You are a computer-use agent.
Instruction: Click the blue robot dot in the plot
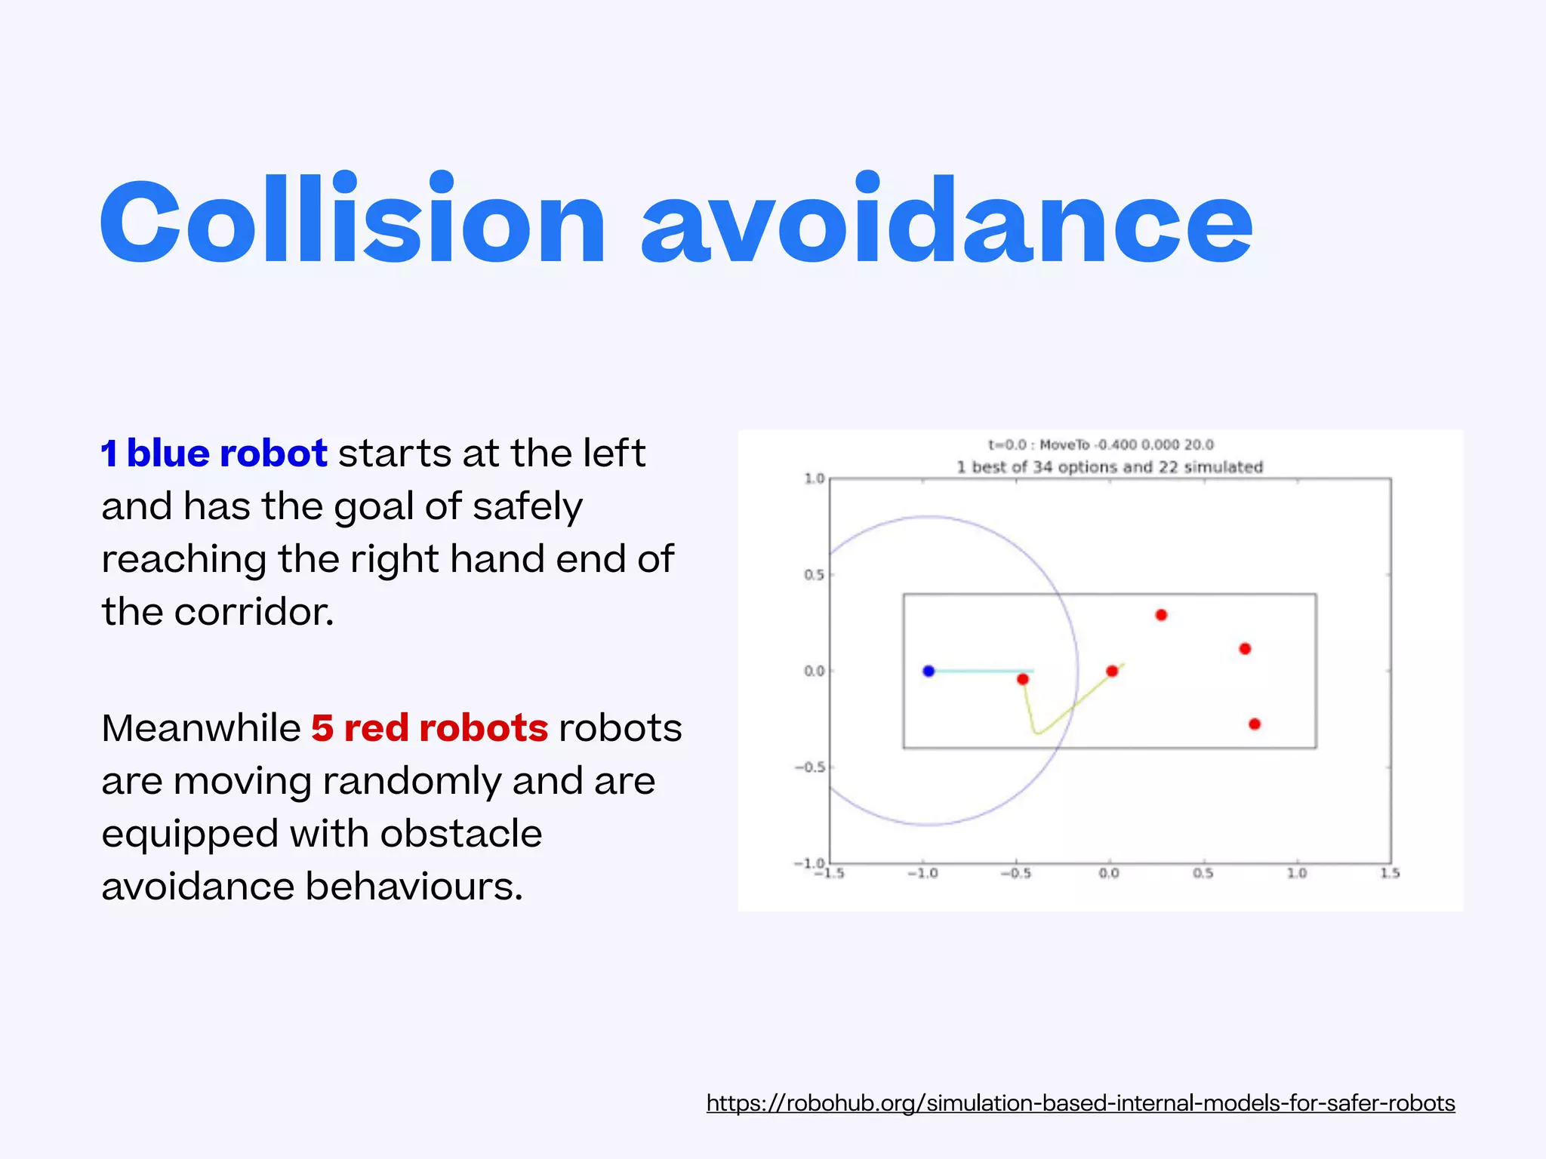[x=929, y=671]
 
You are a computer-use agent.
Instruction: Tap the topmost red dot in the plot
[x=1161, y=615]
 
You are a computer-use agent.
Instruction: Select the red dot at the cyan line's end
[x=1023, y=679]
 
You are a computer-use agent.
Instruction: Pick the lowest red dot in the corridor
[x=1255, y=724]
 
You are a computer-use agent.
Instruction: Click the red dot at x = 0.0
[x=1112, y=671]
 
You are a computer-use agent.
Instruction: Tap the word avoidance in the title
[x=947, y=220]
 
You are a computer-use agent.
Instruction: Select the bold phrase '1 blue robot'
[x=214, y=453]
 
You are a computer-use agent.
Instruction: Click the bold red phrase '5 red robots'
[x=430, y=728]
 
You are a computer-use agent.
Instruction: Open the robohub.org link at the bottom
[x=1080, y=1103]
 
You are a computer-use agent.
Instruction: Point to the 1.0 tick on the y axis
[x=815, y=478]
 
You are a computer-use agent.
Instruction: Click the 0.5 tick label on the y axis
[x=815, y=575]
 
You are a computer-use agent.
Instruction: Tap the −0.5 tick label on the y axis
[x=810, y=767]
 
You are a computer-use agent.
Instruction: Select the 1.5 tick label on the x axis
[x=1390, y=873]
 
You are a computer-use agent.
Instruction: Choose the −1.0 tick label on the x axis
[x=922, y=873]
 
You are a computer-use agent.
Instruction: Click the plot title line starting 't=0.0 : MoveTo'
[x=1101, y=444]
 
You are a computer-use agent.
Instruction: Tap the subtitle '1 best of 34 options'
[x=1110, y=467]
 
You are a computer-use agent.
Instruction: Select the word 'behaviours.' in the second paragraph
[x=414, y=887]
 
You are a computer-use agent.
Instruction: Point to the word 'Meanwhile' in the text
[x=201, y=728]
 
